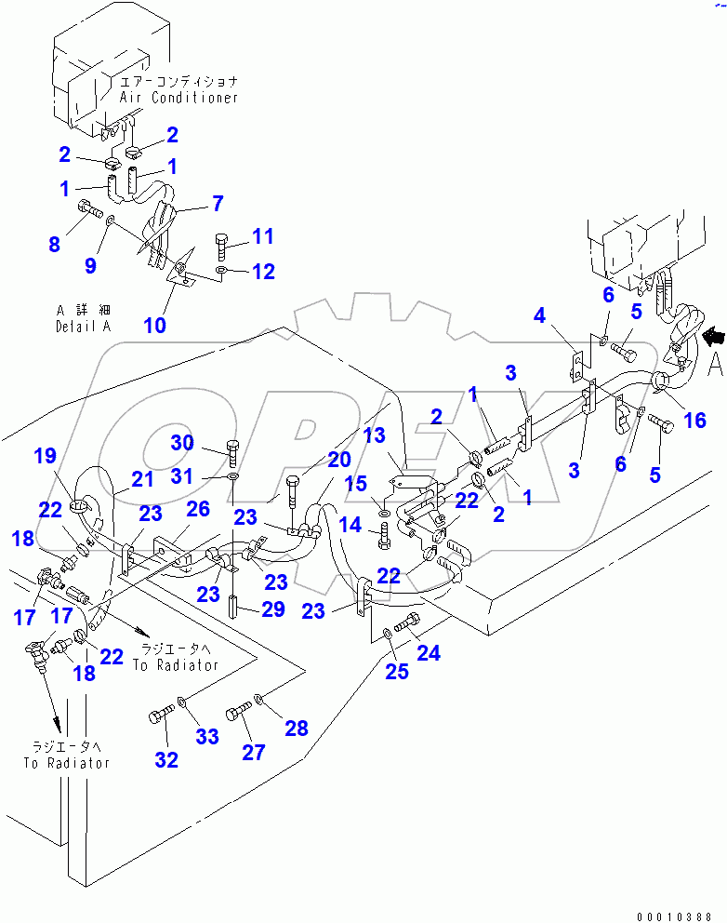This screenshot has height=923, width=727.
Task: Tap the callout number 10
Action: (x=154, y=325)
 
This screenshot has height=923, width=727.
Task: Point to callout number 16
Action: (x=694, y=421)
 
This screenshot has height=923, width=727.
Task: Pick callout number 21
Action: (x=142, y=479)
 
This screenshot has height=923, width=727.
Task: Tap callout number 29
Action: (x=272, y=609)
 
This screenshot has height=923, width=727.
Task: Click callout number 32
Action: (x=166, y=759)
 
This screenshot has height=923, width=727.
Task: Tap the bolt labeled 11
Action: (x=221, y=247)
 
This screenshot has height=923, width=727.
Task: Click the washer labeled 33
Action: (x=181, y=703)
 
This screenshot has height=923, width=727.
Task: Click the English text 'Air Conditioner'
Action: (x=178, y=97)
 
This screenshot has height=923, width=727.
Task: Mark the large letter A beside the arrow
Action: (x=714, y=366)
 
